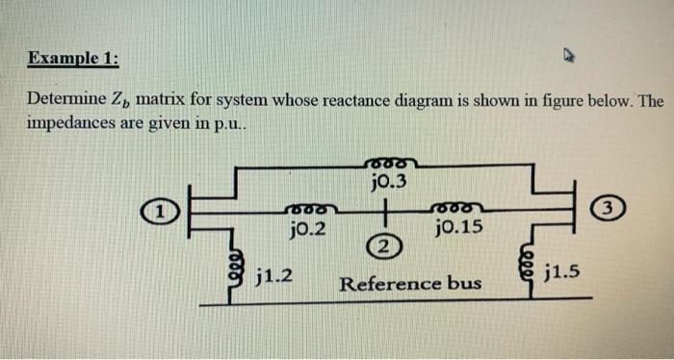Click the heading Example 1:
(x=73, y=58)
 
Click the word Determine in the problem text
(x=63, y=100)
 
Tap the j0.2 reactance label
(x=307, y=228)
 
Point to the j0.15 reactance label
(x=459, y=228)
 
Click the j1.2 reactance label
(x=276, y=278)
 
